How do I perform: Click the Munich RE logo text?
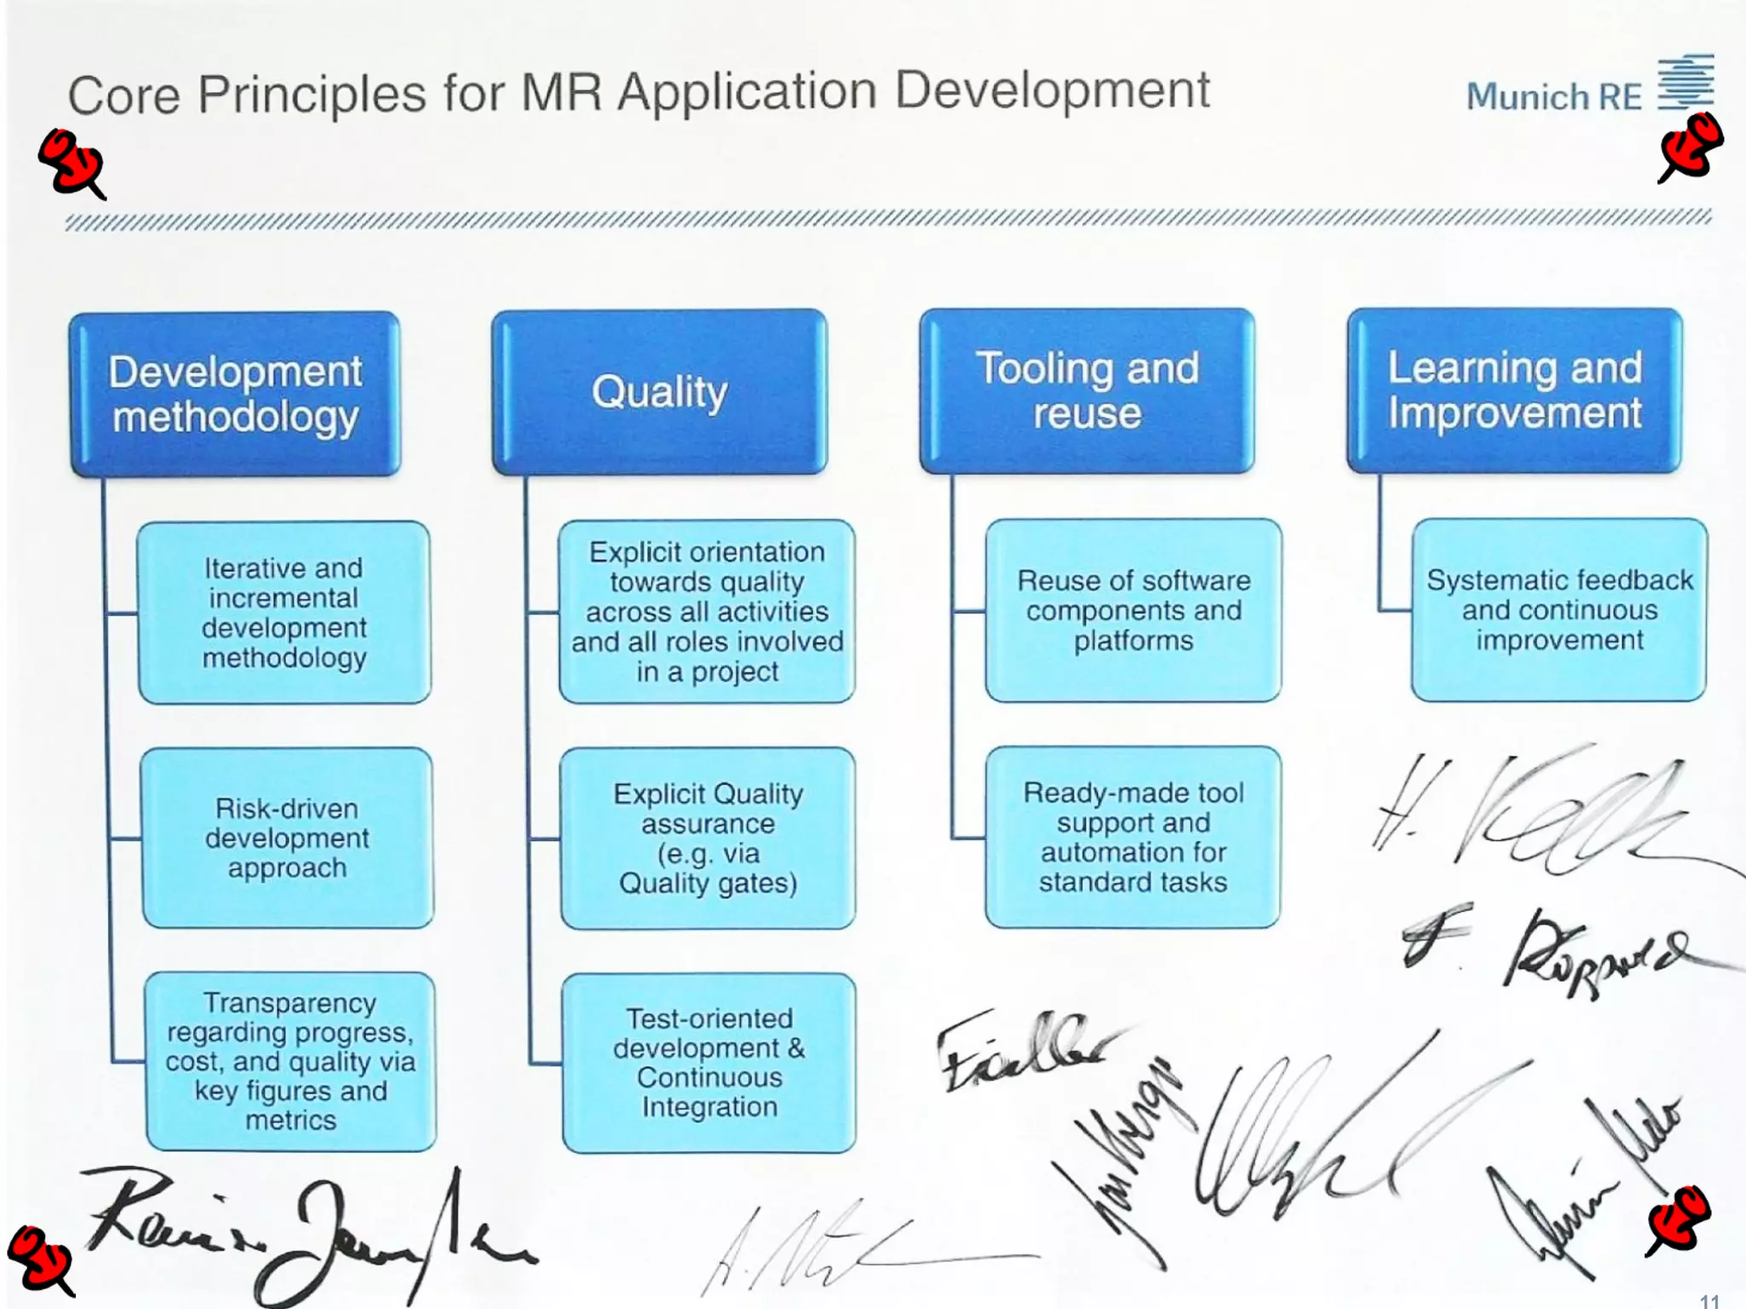1553,97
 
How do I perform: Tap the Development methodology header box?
235,394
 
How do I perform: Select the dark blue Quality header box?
659,392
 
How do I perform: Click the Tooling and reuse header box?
1087,391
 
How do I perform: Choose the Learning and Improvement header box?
1514,390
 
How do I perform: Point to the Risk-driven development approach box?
287,838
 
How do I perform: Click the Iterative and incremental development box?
284,612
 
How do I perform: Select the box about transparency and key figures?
291,1061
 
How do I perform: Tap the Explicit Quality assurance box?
708,838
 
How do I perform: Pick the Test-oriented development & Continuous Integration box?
709,1063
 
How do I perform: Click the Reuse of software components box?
1133,610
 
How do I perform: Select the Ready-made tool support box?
1133,837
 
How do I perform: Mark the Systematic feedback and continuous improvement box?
1559,610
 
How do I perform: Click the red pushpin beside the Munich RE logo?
1690,148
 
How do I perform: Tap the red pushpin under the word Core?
72,162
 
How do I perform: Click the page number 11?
1709,1300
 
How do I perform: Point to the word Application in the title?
747,92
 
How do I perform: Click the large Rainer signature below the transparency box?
298,1227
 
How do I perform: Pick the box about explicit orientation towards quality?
707,611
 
